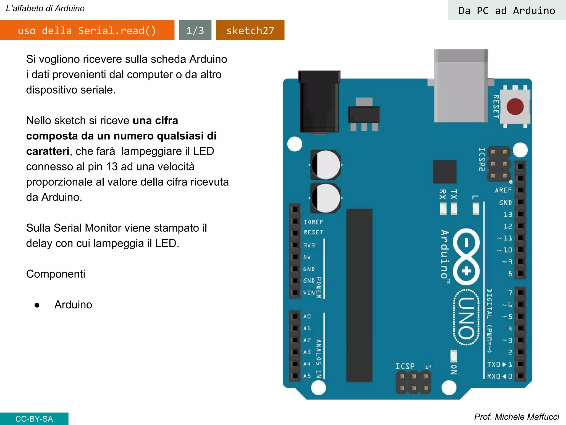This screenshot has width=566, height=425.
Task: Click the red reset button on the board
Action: click(x=515, y=107)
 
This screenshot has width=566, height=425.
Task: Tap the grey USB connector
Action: click(x=461, y=86)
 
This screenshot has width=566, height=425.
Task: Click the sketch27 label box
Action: click(x=250, y=30)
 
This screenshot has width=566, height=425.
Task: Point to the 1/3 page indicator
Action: click(x=195, y=30)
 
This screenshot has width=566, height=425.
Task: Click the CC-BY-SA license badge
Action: click(x=34, y=419)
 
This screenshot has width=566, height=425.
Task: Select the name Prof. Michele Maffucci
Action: click(x=516, y=417)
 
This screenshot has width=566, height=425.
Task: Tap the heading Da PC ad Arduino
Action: click(x=507, y=11)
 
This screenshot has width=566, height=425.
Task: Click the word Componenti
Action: click(x=56, y=274)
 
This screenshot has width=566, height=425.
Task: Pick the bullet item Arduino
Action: click(x=73, y=305)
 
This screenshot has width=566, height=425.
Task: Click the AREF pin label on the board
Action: click(x=503, y=190)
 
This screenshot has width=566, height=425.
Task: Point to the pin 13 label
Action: click(x=508, y=214)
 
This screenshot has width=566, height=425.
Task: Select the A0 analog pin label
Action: click(x=307, y=316)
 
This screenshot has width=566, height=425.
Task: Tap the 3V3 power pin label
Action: click(x=309, y=245)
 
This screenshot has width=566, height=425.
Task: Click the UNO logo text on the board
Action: click(x=467, y=318)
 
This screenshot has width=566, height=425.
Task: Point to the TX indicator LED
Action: click(x=454, y=209)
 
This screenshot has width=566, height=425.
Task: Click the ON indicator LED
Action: click(x=454, y=356)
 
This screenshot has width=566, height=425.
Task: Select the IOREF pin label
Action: click(x=313, y=222)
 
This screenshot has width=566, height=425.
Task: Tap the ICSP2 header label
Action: click(x=482, y=159)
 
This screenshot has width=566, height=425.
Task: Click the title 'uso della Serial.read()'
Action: click(x=87, y=30)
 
